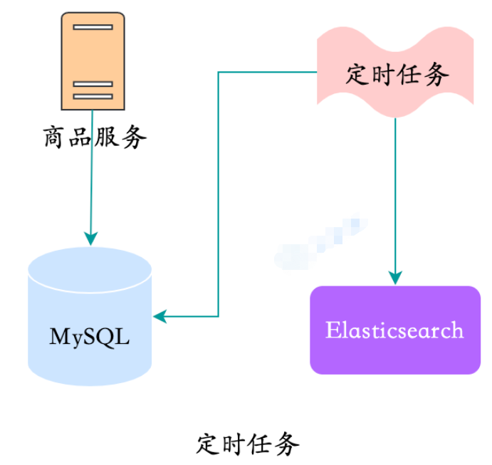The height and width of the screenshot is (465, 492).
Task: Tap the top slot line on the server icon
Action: click(x=93, y=27)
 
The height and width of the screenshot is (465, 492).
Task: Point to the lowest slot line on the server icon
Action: click(x=93, y=96)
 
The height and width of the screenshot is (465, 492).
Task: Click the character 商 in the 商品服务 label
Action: click(x=56, y=137)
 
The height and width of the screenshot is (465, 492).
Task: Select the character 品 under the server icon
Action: click(x=80, y=137)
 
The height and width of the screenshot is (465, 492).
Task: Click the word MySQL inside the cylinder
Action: click(x=90, y=336)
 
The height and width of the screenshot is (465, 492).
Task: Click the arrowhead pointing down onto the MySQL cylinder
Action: click(x=90, y=238)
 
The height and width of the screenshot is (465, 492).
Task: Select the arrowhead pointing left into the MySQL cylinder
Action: click(x=161, y=316)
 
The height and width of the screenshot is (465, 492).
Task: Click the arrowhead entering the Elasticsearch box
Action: click(x=395, y=277)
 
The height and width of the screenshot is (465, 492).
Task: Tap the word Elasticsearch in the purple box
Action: click(x=394, y=330)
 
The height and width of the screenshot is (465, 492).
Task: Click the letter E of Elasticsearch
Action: click(x=332, y=330)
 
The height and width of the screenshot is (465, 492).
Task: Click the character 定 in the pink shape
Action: click(x=358, y=74)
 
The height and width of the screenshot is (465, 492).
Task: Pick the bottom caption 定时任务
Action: click(x=247, y=444)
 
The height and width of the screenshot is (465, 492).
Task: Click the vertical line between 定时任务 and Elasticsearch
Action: click(x=395, y=192)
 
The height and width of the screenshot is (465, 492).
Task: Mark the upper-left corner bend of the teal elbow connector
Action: click(x=218, y=72)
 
